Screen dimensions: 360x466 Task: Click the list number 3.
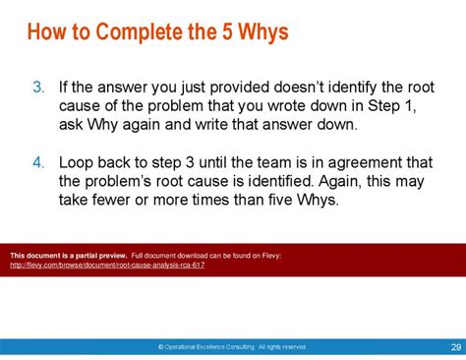coord(38,88)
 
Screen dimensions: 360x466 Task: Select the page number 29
coord(455,346)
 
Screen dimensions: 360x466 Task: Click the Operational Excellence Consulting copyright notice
coord(233,347)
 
